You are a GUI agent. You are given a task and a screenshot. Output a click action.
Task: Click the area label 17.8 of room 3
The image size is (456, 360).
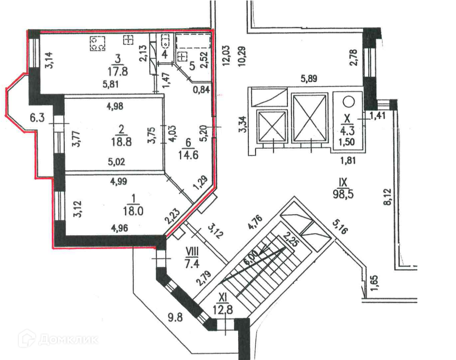click(x=115, y=71)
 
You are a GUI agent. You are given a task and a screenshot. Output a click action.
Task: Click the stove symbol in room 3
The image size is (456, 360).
click(x=98, y=44)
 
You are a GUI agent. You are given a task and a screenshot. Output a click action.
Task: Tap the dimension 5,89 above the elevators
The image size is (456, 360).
click(x=310, y=79)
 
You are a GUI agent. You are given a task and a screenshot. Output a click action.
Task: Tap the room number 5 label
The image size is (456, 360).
click(x=192, y=66)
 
